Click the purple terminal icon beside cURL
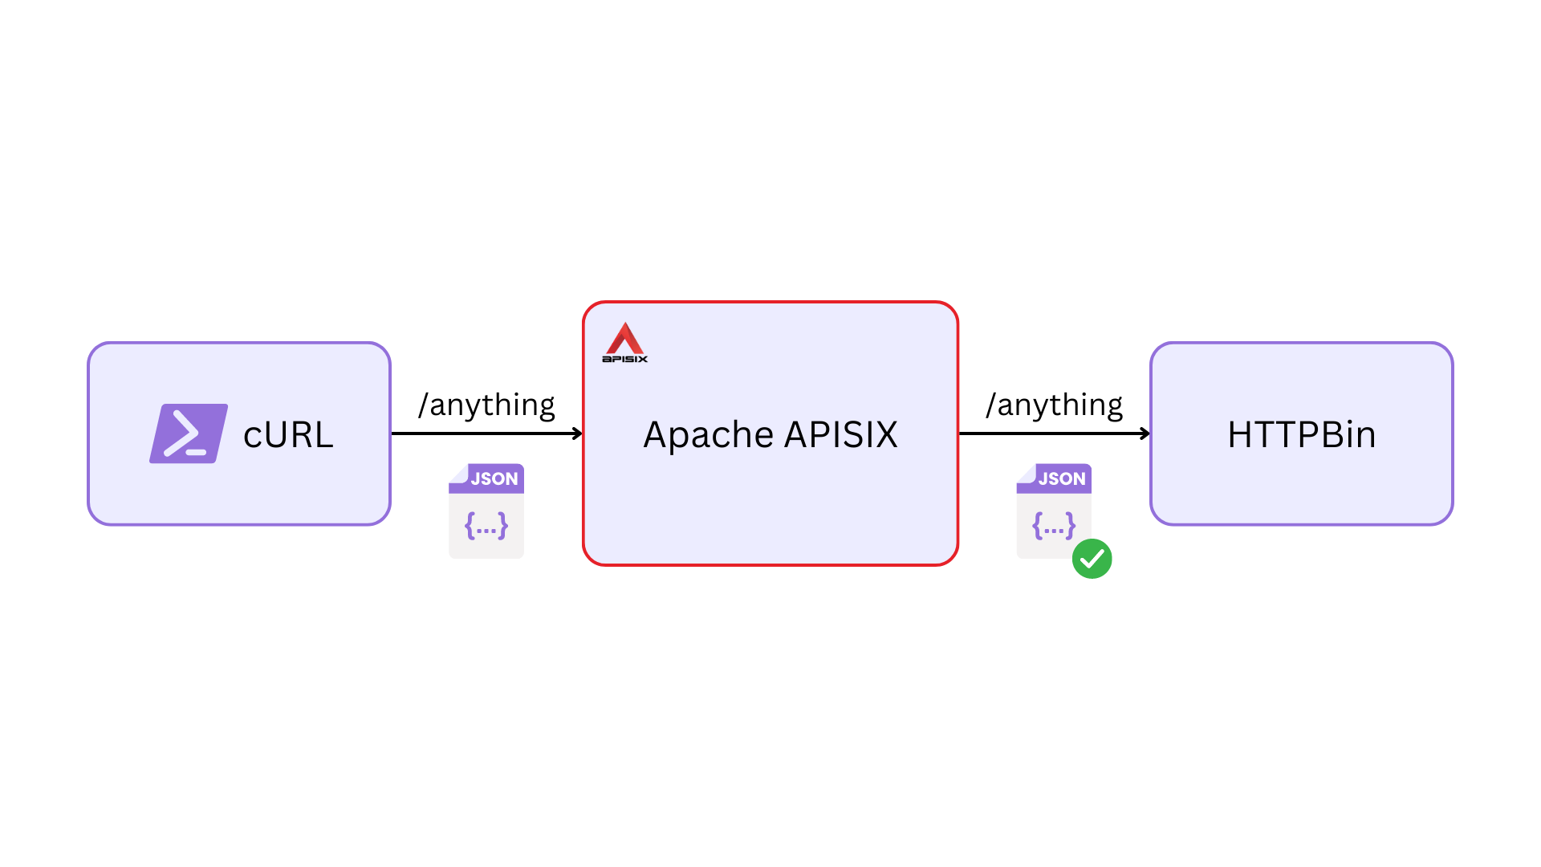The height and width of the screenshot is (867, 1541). point(189,433)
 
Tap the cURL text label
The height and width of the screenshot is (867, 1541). point(288,435)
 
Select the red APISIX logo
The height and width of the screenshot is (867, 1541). point(624,339)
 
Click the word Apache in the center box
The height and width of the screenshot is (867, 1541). point(708,435)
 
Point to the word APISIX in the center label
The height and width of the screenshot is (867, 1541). point(840,435)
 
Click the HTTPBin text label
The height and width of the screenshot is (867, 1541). point(1301,435)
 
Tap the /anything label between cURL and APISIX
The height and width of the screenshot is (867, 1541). point(486,405)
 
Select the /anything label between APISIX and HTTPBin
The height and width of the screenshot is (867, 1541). point(1054,405)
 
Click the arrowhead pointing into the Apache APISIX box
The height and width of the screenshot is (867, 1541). point(577,433)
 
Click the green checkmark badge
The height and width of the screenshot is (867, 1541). point(1092,559)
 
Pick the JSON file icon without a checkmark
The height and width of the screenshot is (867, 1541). point(486,511)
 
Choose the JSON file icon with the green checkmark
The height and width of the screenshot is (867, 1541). point(1054,511)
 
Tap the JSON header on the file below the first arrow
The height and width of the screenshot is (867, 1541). point(494,479)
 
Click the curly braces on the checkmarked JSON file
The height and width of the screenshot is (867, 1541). point(1053,527)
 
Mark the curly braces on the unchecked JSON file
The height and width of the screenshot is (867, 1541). point(486,527)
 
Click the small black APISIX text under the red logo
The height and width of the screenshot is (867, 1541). point(624,359)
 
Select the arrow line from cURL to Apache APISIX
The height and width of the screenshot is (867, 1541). point(482,433)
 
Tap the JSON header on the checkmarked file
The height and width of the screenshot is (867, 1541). point(1061,479)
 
